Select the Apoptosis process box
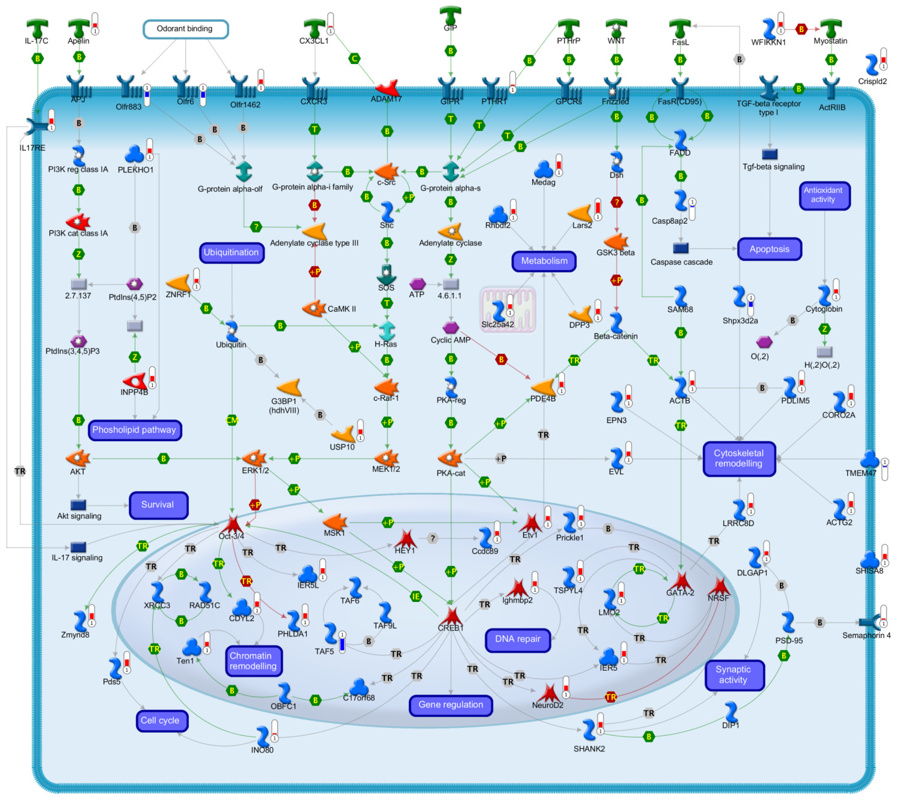(769, 249)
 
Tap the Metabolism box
(544, 261)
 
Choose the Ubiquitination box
(231, 253)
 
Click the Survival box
(158, 505)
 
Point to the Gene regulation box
(451, 705)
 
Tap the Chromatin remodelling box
(253, 661)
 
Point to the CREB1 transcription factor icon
(451, 615)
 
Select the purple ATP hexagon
(417, 284)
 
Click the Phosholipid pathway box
(134, 430)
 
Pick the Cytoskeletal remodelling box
(738, 458)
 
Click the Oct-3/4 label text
(231, 536)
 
